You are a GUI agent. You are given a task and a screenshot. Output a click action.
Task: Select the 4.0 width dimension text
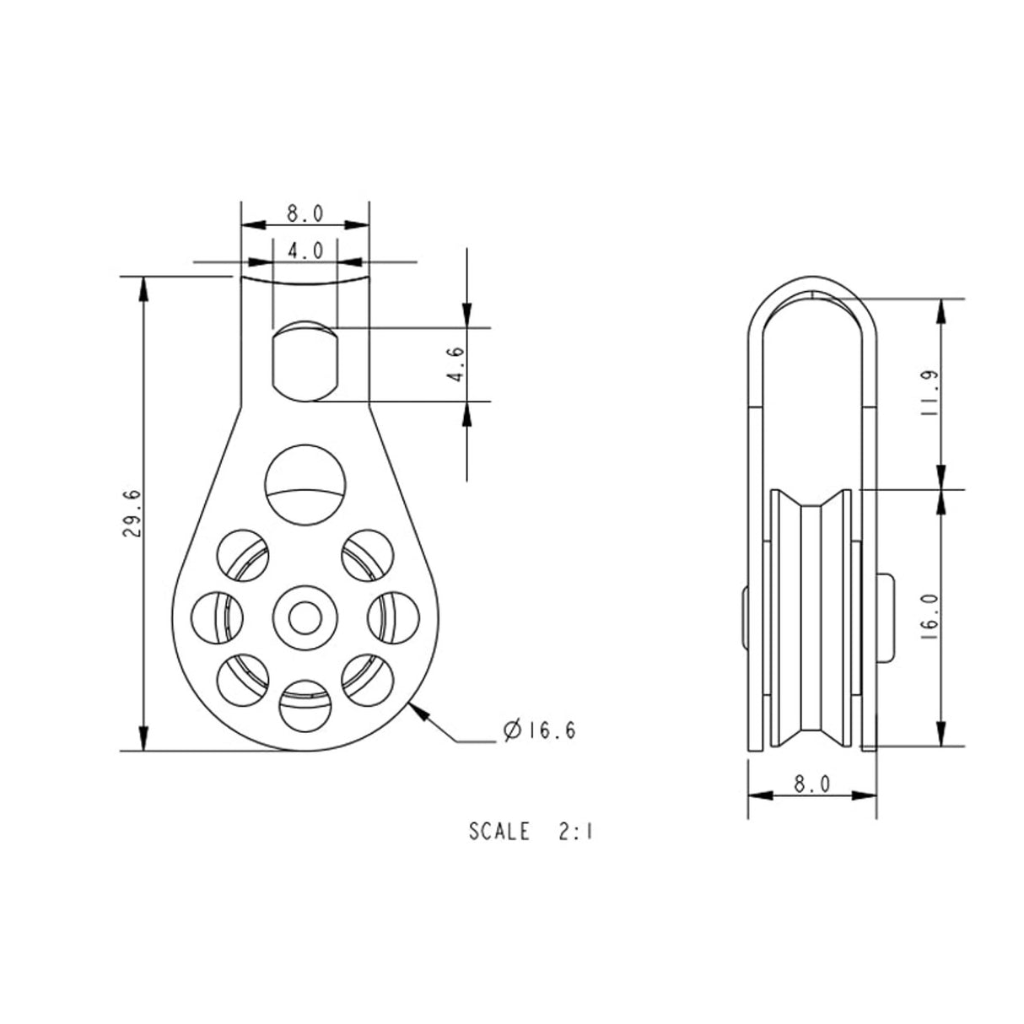tap(305, 251)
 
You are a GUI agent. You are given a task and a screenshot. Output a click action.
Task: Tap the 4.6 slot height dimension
tap(456, 364)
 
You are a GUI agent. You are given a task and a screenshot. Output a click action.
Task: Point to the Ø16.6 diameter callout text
tap(539, 731)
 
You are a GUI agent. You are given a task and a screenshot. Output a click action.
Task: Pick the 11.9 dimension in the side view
tap(928, 393)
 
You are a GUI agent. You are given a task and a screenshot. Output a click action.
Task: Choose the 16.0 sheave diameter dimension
tap(928, 617)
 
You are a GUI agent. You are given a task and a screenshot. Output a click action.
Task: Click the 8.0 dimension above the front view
tap(305, 213)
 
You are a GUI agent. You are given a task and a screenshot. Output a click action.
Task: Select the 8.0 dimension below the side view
tap(811, 784)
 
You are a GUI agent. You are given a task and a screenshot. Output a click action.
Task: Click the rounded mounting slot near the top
tap(305, 363)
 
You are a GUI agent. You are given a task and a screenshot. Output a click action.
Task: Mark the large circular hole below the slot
tap(305, 485)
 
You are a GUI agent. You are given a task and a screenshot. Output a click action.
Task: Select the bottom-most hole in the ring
tap(305, 705)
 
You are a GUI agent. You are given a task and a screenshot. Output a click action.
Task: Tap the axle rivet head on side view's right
tap(884, 617)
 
